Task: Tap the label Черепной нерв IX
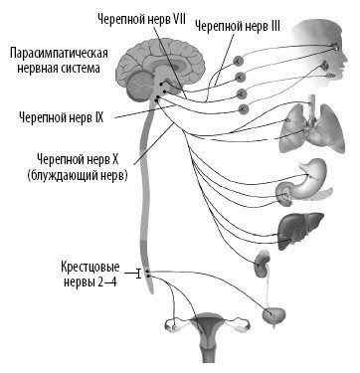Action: tap(58, 116)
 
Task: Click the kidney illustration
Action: tap(263, 265)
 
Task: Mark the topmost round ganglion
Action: tap(239, 60)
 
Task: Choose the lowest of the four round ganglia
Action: tap(243, 110)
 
